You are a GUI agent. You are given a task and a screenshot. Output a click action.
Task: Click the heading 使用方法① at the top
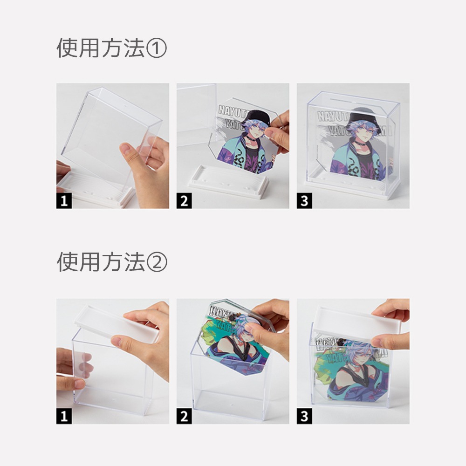tap(111, 48)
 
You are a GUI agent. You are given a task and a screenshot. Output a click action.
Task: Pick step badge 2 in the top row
tap(184, 201)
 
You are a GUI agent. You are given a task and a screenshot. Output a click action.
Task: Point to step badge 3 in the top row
tap(304, 201)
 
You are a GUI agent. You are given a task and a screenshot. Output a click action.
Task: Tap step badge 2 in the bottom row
tap(184, 416)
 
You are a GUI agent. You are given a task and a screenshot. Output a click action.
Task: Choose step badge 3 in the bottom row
tap(304, 416)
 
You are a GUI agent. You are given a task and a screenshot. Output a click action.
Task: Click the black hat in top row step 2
tap(256, 117)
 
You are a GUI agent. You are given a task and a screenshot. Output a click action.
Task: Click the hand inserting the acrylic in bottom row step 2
tap(268, 326)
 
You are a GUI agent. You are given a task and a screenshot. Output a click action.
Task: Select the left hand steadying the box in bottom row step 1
tap(70, 373)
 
